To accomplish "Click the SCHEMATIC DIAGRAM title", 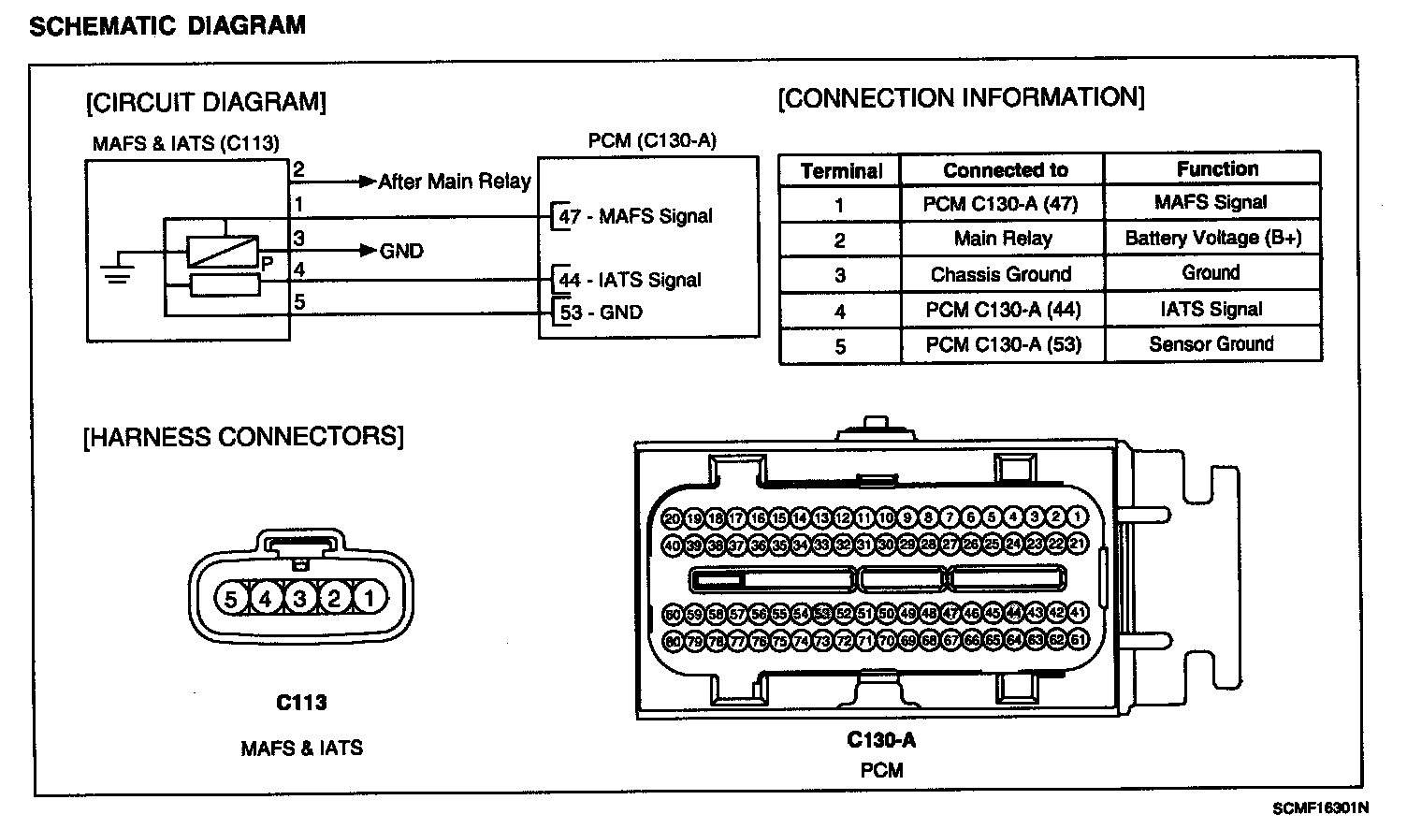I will click(167, 25).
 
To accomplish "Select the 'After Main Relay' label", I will click(454, 182).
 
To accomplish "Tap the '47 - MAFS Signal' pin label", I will click(635, 217).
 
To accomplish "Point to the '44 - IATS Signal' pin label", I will click(629, 280).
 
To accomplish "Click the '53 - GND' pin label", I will click(601, 313).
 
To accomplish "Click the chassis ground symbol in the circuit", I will click(117, 270).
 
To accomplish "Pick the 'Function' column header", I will click(1217, 169).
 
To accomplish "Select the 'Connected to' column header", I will click(1005, 170).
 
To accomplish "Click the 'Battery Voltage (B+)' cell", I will click(1212, 238).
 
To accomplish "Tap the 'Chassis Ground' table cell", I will click(1001, 274).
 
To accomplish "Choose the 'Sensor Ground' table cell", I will click(1211, 344).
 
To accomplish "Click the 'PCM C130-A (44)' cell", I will click(1002, 310).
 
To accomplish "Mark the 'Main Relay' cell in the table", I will click(1002, 239).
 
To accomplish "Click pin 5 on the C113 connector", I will click(231, 597).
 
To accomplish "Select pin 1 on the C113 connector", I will click(370, 597).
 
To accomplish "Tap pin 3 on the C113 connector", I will click(300, 597).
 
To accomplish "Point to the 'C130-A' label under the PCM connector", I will click(881, 740).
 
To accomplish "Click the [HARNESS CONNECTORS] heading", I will click(243, 437).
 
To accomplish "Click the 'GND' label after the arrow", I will click(401, 251).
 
